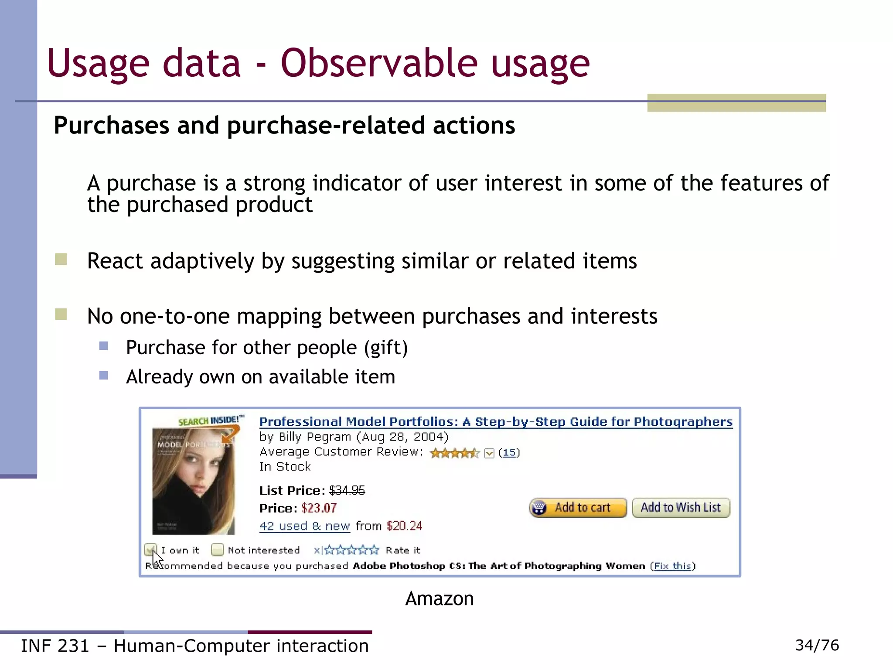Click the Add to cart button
578,508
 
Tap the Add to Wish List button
681,508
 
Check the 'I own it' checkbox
150,550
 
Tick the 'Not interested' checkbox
217,550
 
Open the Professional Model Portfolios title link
496,422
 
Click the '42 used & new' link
304,526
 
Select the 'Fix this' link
672,566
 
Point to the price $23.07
319,508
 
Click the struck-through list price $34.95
347,491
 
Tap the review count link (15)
509,453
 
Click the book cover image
194,481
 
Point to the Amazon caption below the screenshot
439,598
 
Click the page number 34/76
817,645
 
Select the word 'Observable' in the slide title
378,63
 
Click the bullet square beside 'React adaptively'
61,260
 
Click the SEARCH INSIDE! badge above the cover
211,420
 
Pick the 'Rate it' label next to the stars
403,550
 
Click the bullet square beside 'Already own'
104,376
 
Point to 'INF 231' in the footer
55,646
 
